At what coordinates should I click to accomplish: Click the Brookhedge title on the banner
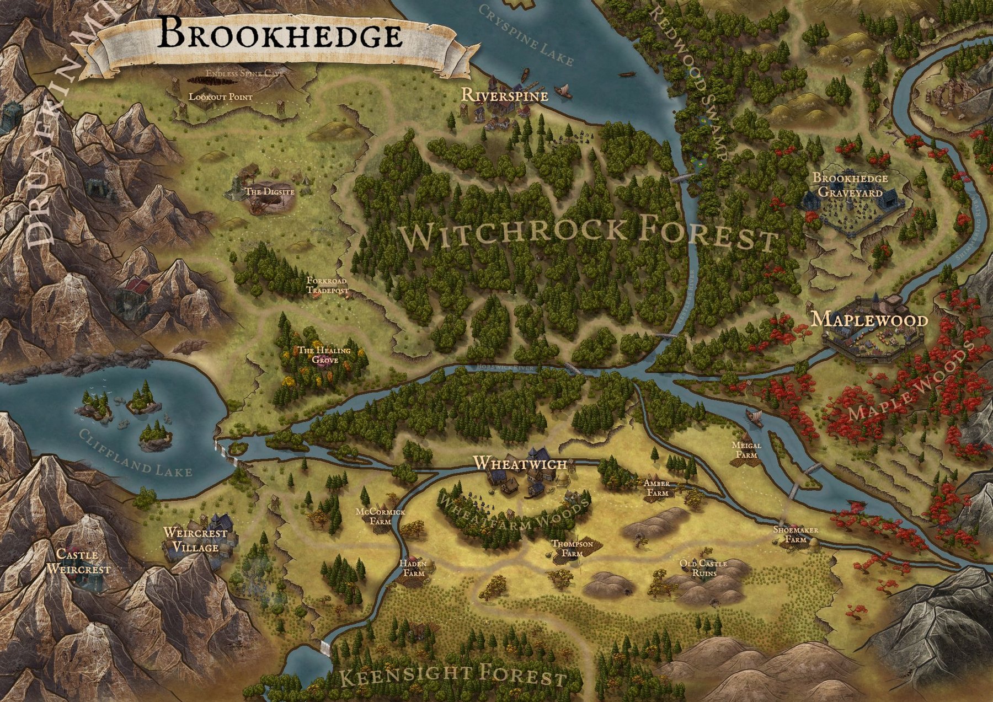point(280,35)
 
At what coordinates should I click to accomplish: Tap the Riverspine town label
point(504,95)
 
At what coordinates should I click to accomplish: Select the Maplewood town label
point(869,320)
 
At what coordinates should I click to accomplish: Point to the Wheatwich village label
point(520,463)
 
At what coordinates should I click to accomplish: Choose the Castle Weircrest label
point(78,561)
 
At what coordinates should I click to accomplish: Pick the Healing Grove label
point(324,355)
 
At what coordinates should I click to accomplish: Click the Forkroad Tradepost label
point(327,285)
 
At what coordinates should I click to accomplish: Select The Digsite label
point(269,192)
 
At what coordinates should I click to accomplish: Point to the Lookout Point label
point(221,97)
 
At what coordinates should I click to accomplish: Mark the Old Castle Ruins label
point(703,568)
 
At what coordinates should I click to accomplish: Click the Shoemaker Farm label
point(795,534)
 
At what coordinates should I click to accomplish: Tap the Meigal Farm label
point(746,450)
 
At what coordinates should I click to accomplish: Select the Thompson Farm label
point(572,548)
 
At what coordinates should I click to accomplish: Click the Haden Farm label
point(413,569)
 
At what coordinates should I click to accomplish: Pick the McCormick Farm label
point(380,516)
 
